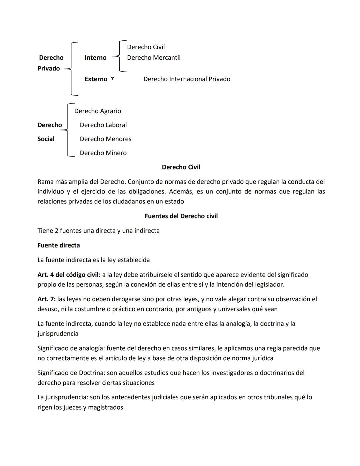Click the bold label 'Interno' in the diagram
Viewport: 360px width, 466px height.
click(x=95, y=58)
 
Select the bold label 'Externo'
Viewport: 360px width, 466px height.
click(x=96, y=79)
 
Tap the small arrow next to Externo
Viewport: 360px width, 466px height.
click(x=112, y=78)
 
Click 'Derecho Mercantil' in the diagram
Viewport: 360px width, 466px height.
click(x=154, y=58)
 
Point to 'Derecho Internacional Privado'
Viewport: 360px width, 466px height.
click(x=187, y=79)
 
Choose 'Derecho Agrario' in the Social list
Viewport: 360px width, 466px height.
click(x=98, y=111)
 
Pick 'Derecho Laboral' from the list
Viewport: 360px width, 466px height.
click(x=103, y=125)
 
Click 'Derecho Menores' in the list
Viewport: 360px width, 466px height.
click(x=105, y=139)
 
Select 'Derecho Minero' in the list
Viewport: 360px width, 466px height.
click(x=103, y=153)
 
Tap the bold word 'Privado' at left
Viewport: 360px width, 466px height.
click(x=49, y=68)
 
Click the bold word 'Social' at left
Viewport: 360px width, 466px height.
click(x=46, y=139)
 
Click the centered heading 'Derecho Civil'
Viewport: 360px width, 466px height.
click(x=181, y=167)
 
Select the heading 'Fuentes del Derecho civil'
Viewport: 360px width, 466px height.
click(x=181, y=216)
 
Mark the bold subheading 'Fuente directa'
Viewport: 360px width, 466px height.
click(x=59, y=246)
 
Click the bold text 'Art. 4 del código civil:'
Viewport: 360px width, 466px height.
click(x=69, y=275)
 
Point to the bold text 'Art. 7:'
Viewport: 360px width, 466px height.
click(x=46, y=299)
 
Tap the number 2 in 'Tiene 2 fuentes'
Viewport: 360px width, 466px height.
click(x=57, y=231)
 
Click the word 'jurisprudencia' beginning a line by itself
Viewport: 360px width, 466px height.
click(x=58, y=334)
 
